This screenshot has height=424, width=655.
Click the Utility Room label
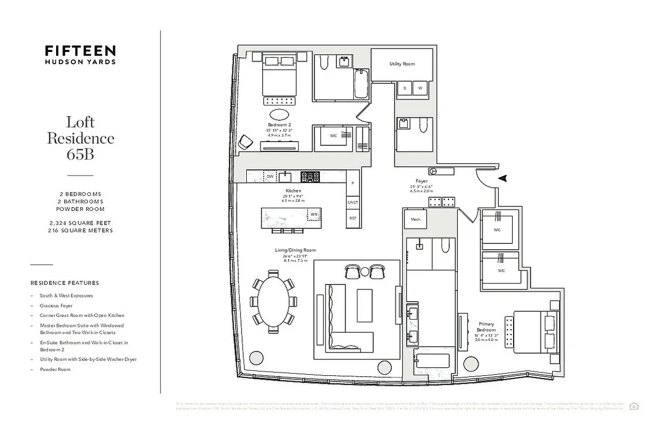tap(402, 64)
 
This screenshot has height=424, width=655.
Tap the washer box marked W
tap(420, 88)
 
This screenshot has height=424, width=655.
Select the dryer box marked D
tap(405, 88)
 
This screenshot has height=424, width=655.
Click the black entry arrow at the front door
tap(503, 179)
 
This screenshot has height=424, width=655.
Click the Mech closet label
tap(415, 219)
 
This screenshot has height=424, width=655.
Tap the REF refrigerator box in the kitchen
tap(353, 218)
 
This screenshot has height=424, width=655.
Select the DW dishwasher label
tap(270, 176)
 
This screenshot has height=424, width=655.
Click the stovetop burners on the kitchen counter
tap(310, 176)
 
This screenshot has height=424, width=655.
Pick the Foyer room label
tap(421, 181)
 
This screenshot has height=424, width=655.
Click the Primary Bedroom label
tap(486, 327)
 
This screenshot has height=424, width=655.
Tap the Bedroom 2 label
tap(280, 125)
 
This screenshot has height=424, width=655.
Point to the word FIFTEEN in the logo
tap(80, 51)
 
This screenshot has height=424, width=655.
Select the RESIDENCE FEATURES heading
tap(65, 283)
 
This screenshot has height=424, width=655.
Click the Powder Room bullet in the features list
tap(55, 369)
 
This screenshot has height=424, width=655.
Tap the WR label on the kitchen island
tap(313, 214)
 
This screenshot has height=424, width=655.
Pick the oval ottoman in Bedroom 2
tap(280, 114)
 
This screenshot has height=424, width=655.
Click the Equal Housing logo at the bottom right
tap(634, 406)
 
